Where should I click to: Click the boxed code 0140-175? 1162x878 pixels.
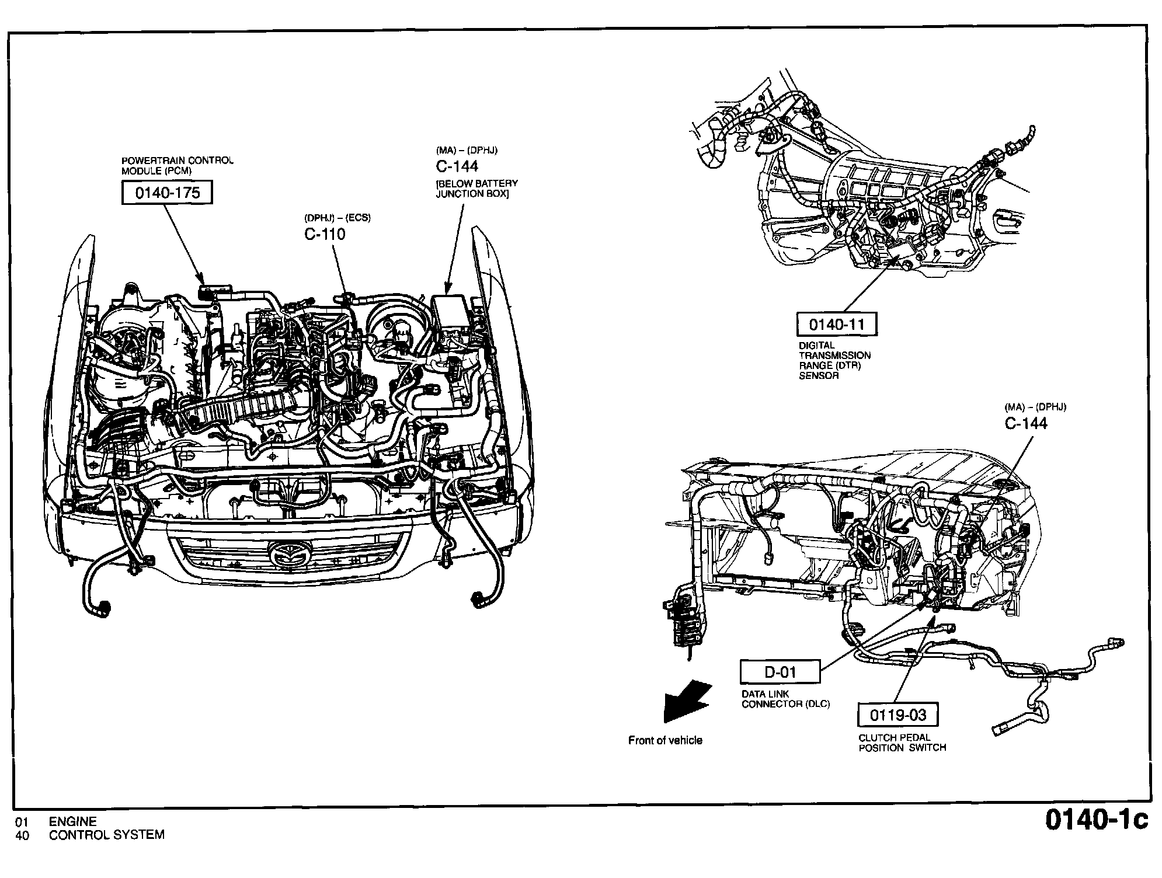pos(167,193)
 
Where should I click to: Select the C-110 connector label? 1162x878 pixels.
pos(325,234)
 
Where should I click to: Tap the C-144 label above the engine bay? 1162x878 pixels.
pos(457,166)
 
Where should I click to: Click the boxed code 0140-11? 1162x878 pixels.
pos(836,324)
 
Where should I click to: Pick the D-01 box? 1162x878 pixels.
pos(780,672)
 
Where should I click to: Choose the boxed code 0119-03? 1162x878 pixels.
pos(898,715)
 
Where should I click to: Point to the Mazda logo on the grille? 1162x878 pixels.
pos(291,552)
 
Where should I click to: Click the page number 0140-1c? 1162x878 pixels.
pos(1096,820)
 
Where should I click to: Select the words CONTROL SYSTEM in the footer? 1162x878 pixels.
pos(107,835)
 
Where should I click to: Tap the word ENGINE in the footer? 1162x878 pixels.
pos(73,822)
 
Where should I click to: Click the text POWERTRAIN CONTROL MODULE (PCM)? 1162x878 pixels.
pos(177,166)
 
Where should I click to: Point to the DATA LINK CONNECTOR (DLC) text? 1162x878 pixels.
pos(785,699)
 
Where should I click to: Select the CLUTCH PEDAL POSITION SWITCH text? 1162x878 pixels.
pos(902,743)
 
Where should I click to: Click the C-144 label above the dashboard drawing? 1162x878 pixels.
pos(1026,423)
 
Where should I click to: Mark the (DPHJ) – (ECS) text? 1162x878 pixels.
pos(337,218)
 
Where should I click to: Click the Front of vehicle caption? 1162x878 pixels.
pos(665,740)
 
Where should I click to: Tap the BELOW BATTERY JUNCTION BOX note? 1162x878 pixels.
pos(476,189)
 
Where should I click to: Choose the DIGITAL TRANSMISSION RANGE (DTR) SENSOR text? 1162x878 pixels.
pos(834,360)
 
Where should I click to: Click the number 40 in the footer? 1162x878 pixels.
pos(22,835)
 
